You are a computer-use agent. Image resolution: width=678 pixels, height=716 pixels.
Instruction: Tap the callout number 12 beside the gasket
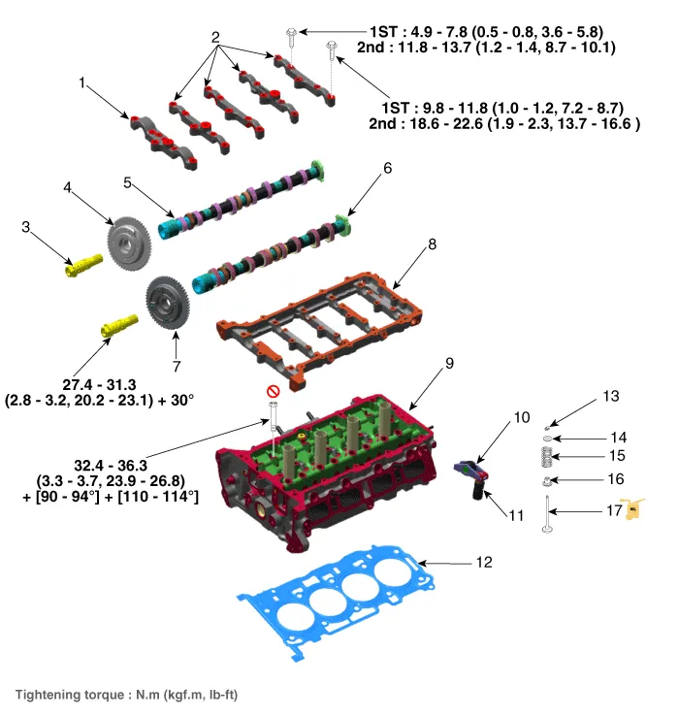[484, 563]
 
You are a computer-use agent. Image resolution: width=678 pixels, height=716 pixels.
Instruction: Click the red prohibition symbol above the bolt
[273, 391]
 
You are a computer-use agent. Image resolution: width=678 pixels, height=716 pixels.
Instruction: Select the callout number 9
[449, 365]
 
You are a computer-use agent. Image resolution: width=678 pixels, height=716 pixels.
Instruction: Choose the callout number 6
[387, 168]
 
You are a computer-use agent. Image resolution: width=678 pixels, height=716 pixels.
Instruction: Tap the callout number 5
[127, 181]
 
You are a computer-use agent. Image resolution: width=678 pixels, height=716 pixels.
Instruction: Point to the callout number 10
[522, 417]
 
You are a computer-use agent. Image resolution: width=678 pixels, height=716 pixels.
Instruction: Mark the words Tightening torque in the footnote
[67, 694]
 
